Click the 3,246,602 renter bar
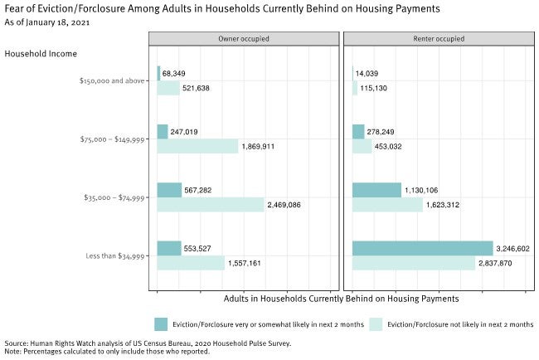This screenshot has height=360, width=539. [422, 248]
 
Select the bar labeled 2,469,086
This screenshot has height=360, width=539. [210, 204]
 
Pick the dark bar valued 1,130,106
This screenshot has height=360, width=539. [376, 190]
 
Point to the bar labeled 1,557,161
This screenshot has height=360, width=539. [191, 263]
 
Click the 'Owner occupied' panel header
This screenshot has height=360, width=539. [244, 39]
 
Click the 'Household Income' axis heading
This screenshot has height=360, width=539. [41, 54]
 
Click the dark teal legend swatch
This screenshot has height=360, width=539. [162, 324]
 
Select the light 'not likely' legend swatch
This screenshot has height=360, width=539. [376, 324]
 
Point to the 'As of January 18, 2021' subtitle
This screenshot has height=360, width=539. [46, 22]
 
